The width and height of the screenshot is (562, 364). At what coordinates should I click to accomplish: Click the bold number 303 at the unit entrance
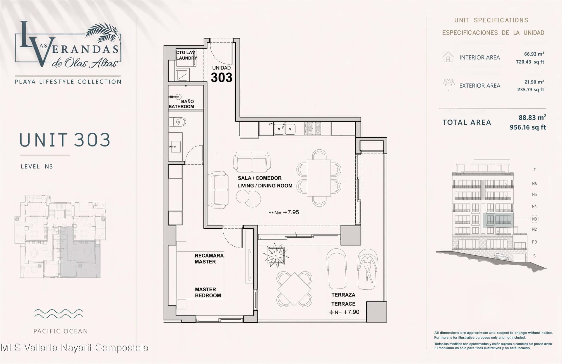click(x=222, y=78)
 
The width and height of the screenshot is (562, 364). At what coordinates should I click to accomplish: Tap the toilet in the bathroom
click(x=177, y=122)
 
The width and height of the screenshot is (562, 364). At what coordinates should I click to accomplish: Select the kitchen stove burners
click(x=312, y=128)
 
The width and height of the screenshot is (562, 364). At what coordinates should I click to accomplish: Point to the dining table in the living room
click(x=319, y=178)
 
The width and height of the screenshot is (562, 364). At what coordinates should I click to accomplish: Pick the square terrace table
click(x=294, y=289)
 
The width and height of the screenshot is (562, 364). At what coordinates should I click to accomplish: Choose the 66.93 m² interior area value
click(x=534, y=54)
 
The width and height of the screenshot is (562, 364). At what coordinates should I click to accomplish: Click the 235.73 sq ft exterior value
click(x=530, y=90)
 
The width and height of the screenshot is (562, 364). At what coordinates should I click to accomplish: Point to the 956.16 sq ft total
click(x=528, y=127)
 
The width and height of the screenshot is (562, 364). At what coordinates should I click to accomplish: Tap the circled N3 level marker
click(x=534, y=219)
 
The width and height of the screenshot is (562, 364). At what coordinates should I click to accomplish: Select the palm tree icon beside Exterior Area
click(x=448, y=85)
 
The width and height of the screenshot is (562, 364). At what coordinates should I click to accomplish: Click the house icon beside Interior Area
click(x=448, y=57)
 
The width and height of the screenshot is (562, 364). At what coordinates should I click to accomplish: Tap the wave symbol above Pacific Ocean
click(x=59, y=313)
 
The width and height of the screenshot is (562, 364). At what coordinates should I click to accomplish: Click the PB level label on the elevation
click(x=534, y=242)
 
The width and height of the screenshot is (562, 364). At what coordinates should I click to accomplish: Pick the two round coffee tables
click(x=249, y=199)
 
